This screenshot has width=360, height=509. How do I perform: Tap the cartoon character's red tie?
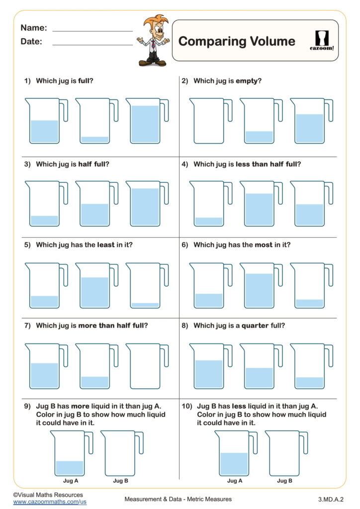154,46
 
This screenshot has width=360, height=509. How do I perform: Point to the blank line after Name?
92,31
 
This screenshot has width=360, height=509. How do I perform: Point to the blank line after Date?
92,45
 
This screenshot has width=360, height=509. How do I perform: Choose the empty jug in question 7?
145,366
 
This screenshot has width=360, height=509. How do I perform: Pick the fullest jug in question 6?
258,286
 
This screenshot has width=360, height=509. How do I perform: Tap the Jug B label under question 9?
120,481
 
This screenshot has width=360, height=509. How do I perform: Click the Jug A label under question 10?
235,481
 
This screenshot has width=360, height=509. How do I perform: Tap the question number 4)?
185,164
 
